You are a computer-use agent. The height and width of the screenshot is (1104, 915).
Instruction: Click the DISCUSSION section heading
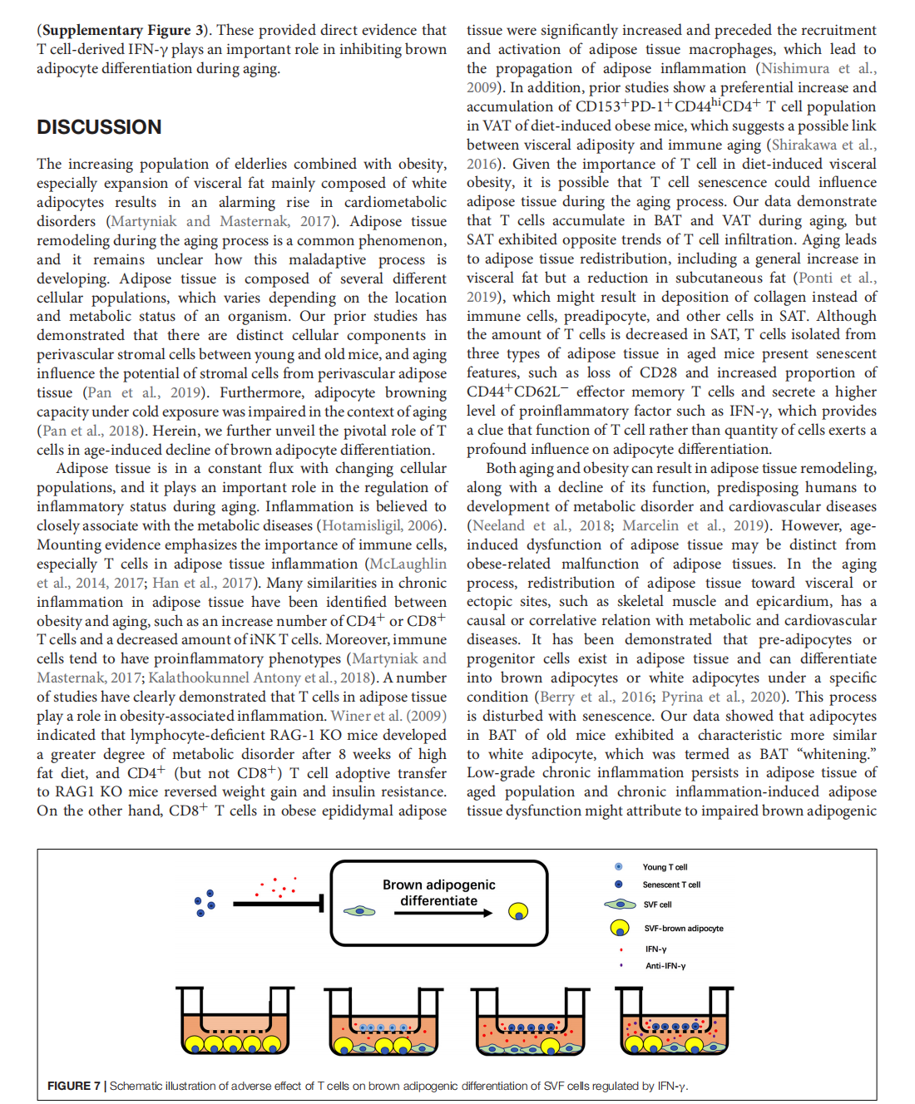tap(99, 127)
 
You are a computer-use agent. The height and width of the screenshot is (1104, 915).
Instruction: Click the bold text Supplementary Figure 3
tap(124, 31)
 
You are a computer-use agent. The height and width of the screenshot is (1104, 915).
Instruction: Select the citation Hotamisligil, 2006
tap(380, 525)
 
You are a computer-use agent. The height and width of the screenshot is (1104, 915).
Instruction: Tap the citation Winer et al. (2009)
tap(388, 716)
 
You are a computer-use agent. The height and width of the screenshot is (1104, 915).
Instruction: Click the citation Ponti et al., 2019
tap(835, 278)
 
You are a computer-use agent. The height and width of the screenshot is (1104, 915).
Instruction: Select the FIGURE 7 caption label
tap(74, 1086)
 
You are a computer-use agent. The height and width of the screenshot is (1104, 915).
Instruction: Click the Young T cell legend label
tap(665, 867)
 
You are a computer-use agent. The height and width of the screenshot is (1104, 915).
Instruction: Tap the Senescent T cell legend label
tap(671, 885)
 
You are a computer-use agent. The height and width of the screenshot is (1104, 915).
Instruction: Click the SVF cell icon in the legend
tap(620, 904)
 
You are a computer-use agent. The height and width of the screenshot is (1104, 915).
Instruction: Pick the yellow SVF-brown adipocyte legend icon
tap(620, 928)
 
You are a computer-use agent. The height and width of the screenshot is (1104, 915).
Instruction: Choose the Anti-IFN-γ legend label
tap(665, 966)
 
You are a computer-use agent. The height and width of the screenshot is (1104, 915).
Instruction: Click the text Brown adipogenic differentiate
tap(438, 893)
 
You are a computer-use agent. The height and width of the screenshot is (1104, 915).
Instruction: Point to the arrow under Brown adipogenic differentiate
tap(443, 913)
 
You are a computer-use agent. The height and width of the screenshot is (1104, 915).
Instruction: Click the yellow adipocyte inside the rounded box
tap(518, 912)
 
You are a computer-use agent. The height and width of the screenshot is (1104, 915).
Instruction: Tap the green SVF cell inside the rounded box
tap(359, 911)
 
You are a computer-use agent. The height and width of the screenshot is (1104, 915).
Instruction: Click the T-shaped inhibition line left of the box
tap(278, 903)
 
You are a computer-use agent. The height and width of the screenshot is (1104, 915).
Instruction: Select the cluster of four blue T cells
tap(205, 902)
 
